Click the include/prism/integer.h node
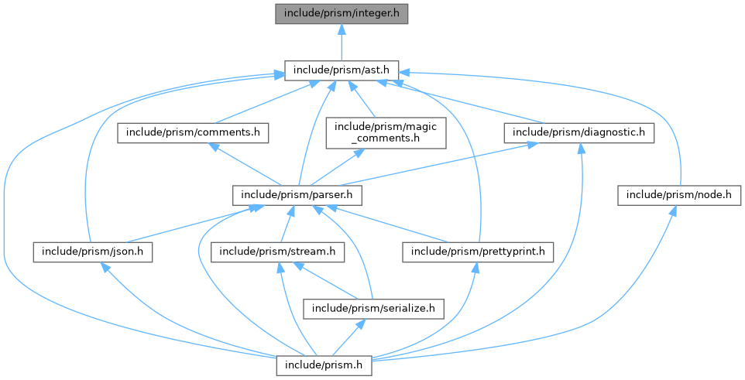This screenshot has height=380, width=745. click(x=342, y=13)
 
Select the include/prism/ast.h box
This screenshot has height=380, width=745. click(x=342, y=70)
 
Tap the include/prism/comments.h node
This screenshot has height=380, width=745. click(x=193, y=132)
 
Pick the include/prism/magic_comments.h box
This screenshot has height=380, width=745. click(x=386, y=132)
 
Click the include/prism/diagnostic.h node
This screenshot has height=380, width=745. click(x=579, y=132)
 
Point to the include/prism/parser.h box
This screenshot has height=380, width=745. click(x=289, y=194)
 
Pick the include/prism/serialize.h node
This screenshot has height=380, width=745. click(x=374, y=308)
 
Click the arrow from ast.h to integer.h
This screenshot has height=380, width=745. click(x=342, y=42)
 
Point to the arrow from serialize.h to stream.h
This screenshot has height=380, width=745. click(x=325, y=279)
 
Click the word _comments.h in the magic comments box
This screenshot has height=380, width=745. click(x=386, y=139)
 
